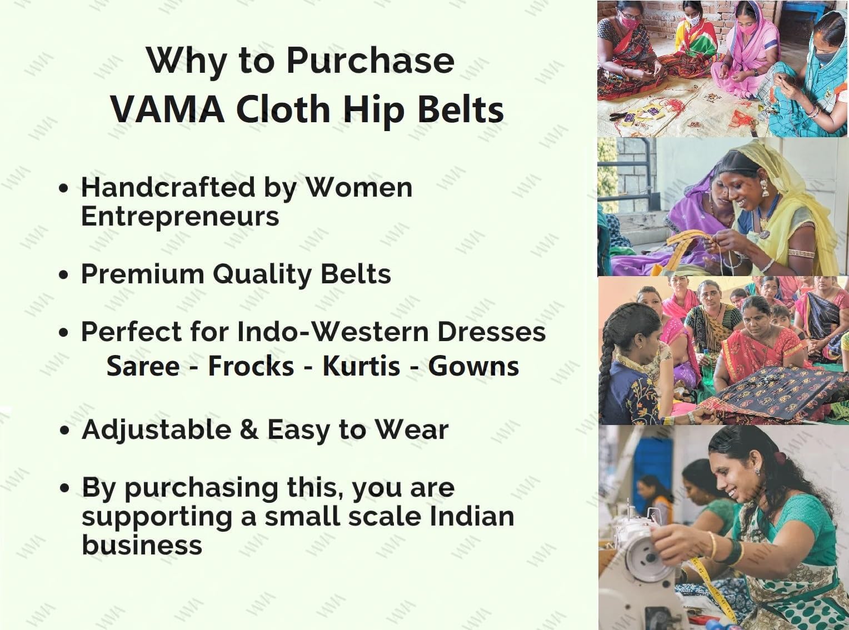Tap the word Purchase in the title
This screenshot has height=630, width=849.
[371, 61]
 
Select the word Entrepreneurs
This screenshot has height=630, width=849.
[180, 217]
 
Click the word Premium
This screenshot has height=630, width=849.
[143, 274]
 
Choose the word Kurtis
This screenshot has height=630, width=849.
[361, 366]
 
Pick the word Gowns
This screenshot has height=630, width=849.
[473, 366]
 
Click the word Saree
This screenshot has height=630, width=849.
[143, 366]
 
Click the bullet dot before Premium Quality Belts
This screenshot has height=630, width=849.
[64, 275]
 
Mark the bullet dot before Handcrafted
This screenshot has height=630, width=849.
[64, 188]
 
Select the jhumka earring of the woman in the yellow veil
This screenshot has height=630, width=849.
[764, 188]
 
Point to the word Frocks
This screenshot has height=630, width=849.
[251, 366]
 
